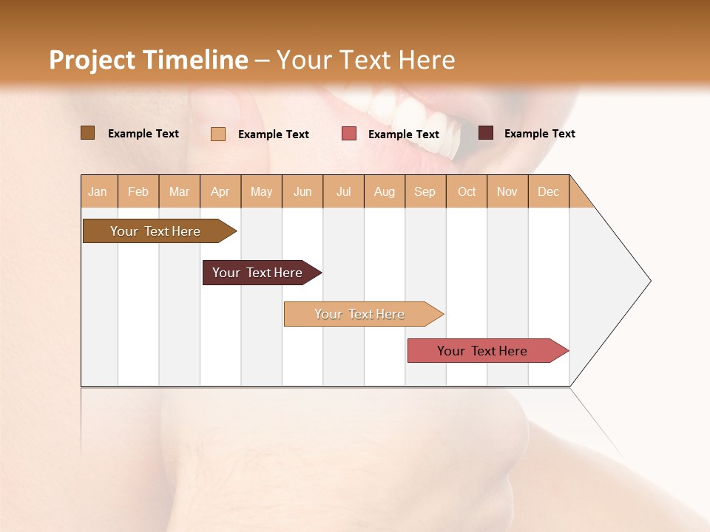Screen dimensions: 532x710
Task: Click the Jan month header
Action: click(98, 191)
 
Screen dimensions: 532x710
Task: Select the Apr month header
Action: click(220, 191)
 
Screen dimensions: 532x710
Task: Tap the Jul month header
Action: click(343, 191)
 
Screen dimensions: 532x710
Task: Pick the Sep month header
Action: click(425, 191)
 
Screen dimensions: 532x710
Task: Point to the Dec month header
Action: click(548, 191)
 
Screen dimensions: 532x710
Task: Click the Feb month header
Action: click(138, 191)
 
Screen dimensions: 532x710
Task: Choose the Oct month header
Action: click(467, 191)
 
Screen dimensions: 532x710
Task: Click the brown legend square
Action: click(87, 133)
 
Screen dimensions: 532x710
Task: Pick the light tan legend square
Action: click(218, 134)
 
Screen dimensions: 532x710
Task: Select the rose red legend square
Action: click(349, 134)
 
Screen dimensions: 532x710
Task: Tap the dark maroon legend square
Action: click(486, 133)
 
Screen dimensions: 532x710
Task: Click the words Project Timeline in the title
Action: click(148, 60)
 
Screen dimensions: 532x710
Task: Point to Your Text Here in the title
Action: click(366, 60)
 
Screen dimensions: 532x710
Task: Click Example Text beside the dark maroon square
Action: click(539, 134)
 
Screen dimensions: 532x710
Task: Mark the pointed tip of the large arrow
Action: click(649, 281)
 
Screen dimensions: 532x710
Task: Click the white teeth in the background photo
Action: click(399, 111)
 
